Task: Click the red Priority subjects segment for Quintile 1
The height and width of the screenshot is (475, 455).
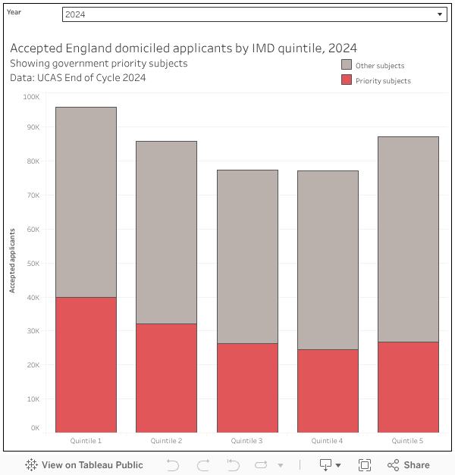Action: click(86, 364)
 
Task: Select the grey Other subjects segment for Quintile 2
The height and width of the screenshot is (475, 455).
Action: click(166, 232)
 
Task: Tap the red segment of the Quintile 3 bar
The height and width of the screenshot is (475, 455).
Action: click(247, 387)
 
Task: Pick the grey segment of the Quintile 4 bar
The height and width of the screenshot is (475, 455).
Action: click(328, 260)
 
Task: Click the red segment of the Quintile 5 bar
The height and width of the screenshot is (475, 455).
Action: click(408, 386)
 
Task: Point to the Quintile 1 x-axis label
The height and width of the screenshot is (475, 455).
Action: click(86, 441)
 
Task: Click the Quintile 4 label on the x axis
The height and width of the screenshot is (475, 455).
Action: click(328, 441)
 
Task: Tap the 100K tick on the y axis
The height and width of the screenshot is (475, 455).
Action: click(31, 97)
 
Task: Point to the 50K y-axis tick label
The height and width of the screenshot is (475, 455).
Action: click(33, 263)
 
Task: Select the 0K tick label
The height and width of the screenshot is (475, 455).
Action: click(35, 428)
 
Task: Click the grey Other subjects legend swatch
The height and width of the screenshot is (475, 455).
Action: click(347, 65)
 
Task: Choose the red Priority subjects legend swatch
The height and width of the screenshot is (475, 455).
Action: click(347, 80)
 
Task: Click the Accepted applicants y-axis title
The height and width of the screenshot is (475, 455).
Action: click(12, 259)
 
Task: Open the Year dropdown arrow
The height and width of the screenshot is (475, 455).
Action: click(440, 15)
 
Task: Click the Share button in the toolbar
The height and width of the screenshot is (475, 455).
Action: click(408, 465)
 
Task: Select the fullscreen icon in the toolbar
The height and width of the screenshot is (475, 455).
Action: click(364, 465)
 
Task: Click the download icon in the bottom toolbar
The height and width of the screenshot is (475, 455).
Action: click(326, 465)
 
